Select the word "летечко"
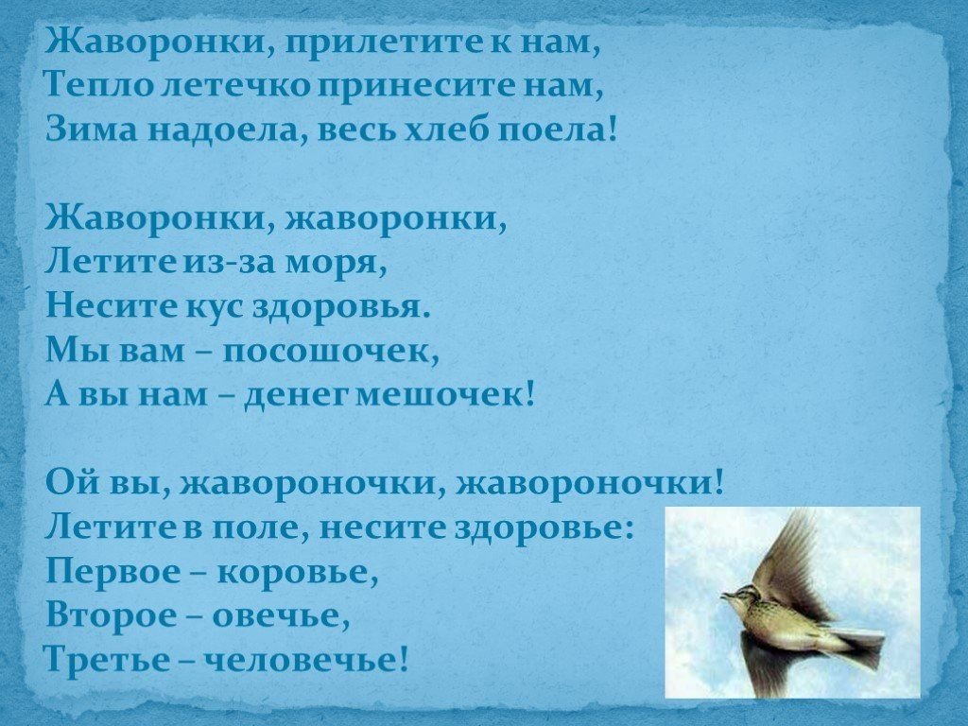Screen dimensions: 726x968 tap(233, 85)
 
